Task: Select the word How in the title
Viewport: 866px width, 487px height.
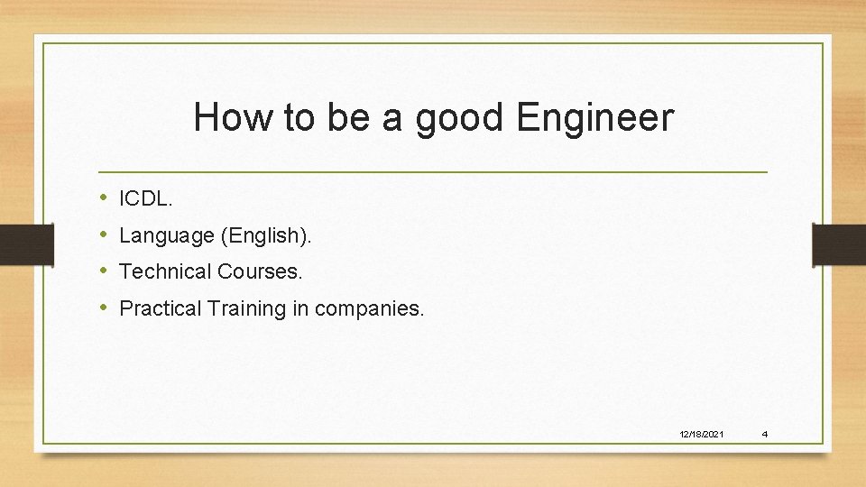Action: coord(230,117)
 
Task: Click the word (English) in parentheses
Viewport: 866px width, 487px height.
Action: coord(265,236)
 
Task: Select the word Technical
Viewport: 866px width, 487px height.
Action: coord(163,271)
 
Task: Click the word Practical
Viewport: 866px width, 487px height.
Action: coord(161,308)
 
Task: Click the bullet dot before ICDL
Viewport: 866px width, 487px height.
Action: coord(104,197)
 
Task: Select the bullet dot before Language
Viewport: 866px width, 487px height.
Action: coord(104,235)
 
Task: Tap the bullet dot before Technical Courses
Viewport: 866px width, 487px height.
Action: coord(104,271)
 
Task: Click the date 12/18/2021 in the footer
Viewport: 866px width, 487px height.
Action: coord(701,435)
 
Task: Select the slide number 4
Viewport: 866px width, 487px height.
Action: coord(764,435)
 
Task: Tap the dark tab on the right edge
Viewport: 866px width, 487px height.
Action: coord(839,244)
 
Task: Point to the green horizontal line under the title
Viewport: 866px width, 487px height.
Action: coord(433,171)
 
